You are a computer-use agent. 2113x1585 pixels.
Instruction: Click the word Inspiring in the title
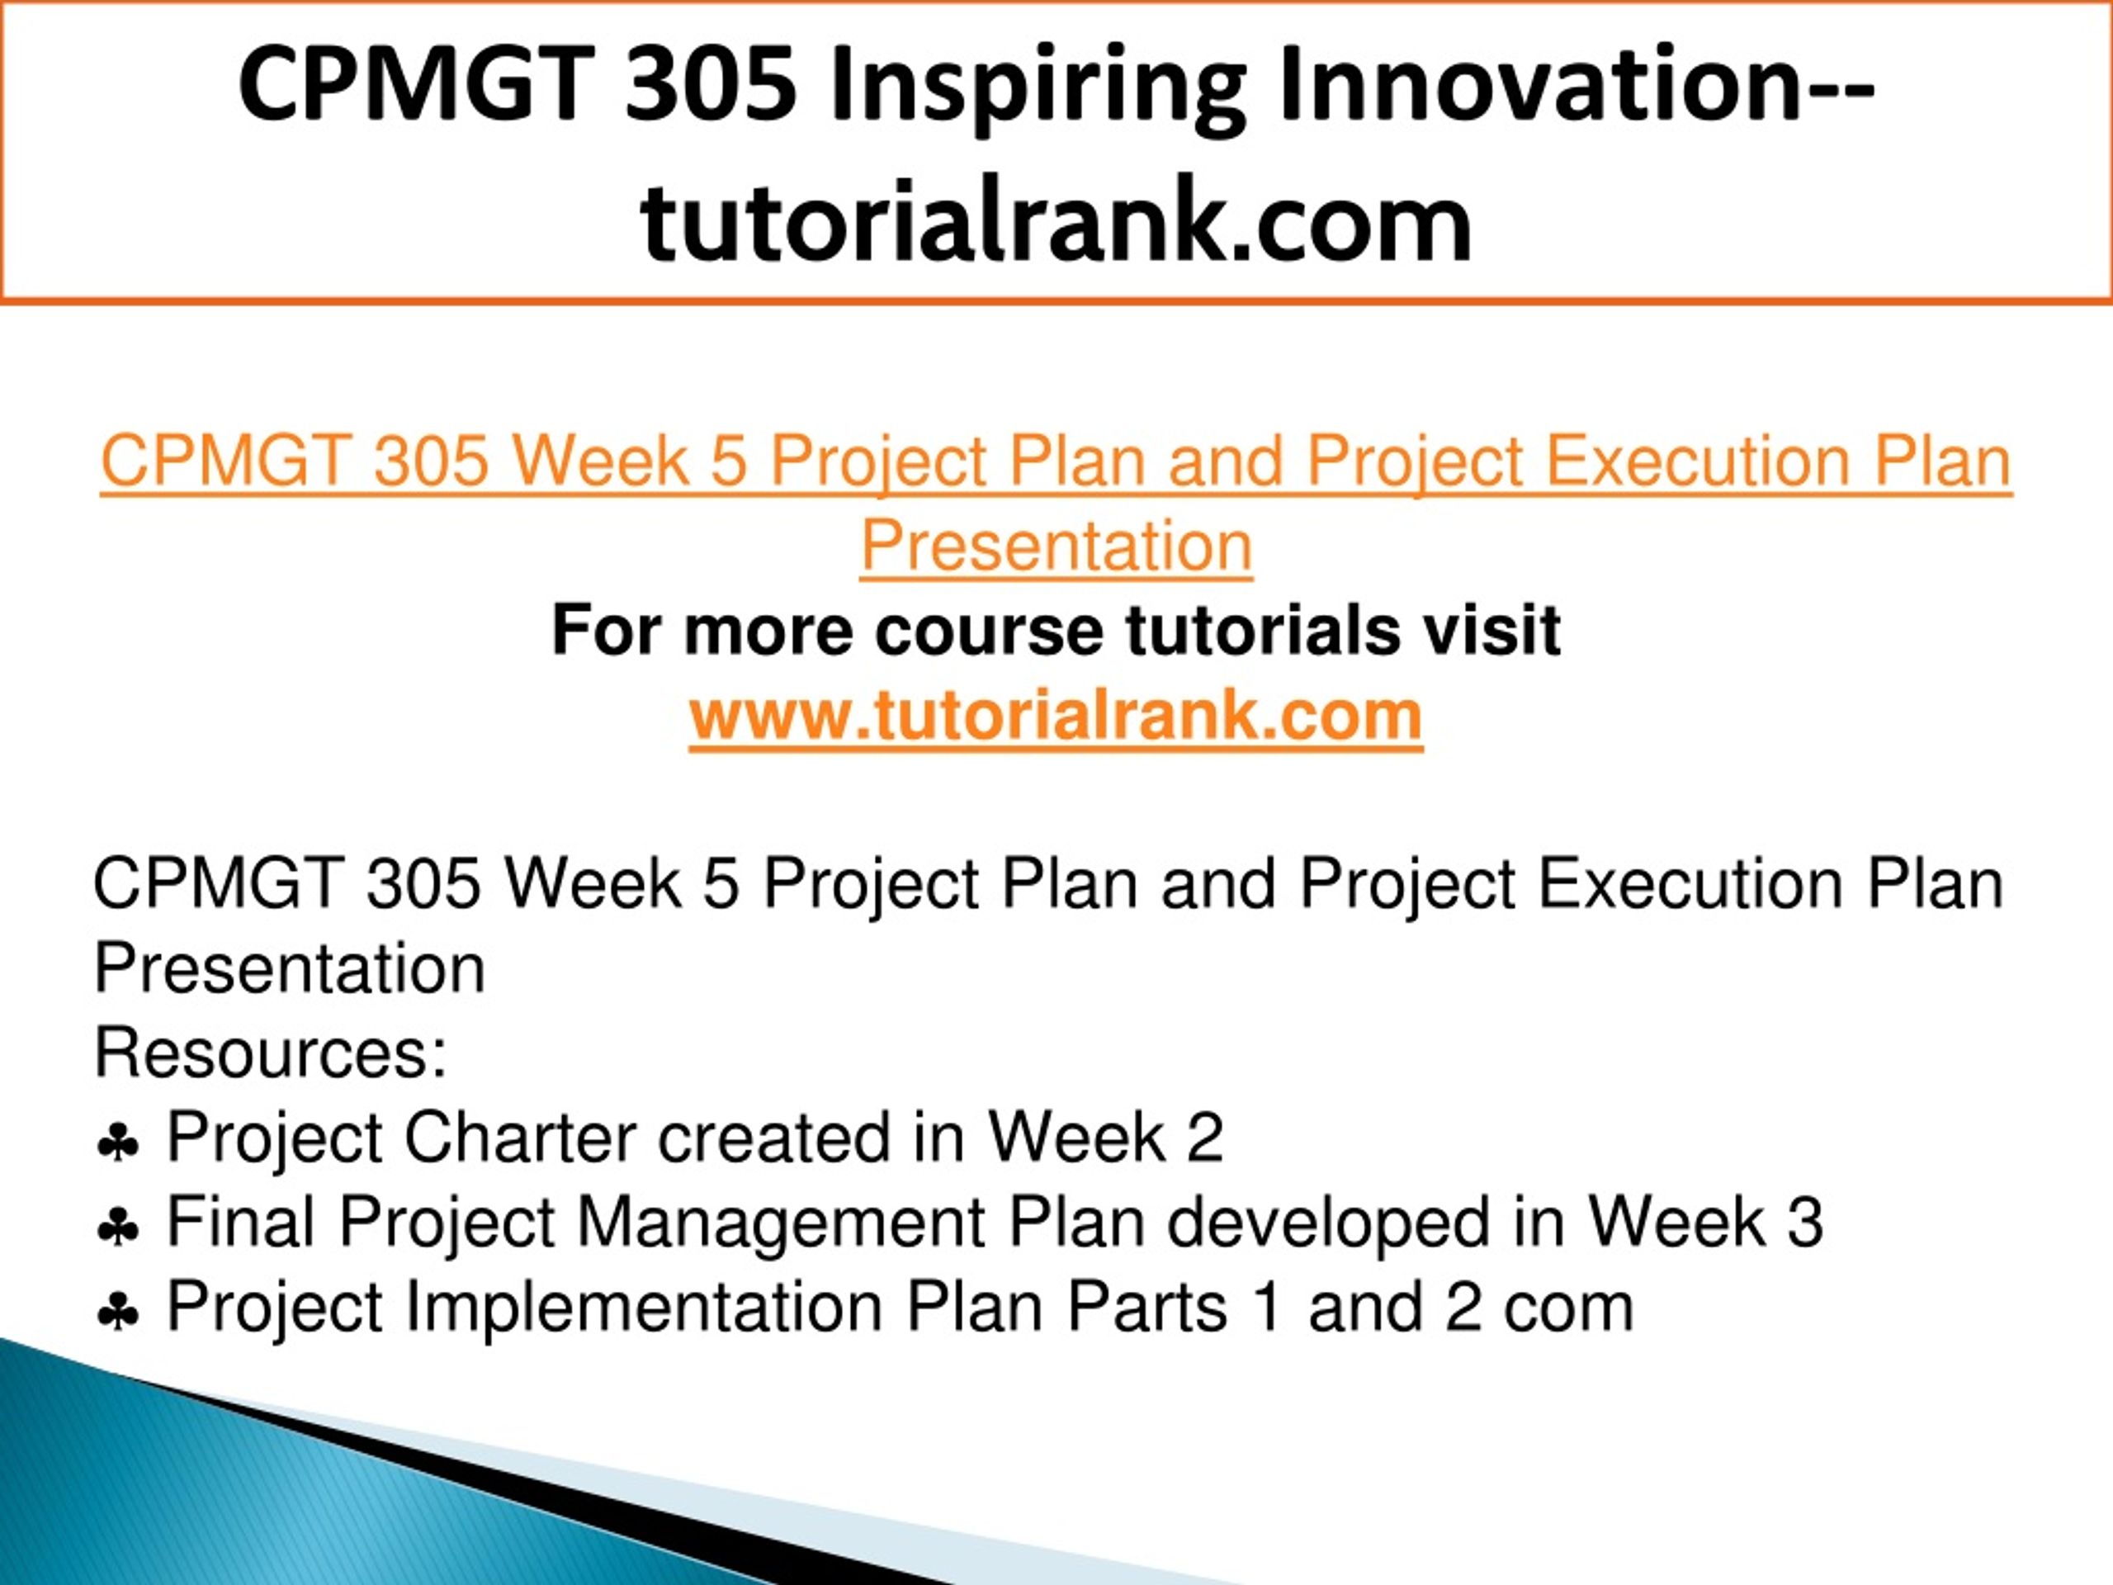[1038, 88]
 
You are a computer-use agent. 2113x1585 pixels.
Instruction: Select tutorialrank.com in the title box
[1056, 221]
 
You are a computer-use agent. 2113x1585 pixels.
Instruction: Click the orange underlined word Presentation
[1056, 547]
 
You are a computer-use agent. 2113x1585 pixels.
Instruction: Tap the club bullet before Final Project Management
[117, 1228]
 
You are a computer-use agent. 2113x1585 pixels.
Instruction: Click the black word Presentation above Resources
[290, 969]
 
